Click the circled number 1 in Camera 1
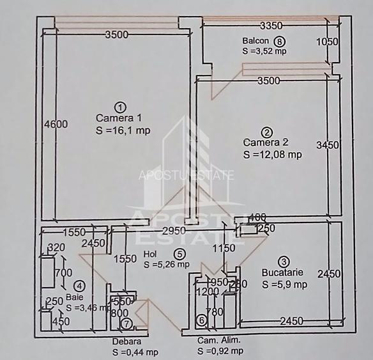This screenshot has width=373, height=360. pos(118,107)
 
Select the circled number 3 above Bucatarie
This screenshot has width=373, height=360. pos(284,261)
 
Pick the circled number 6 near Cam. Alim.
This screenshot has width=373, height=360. pos(201,320)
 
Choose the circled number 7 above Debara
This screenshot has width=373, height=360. pos(127,324)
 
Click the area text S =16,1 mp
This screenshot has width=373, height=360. pos(123,130)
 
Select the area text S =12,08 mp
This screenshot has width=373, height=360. pos(272,154)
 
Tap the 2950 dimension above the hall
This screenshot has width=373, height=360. pos(173,230)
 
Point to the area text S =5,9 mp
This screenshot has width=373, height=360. pos(284,284)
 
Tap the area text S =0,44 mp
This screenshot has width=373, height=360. pos(135,352)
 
